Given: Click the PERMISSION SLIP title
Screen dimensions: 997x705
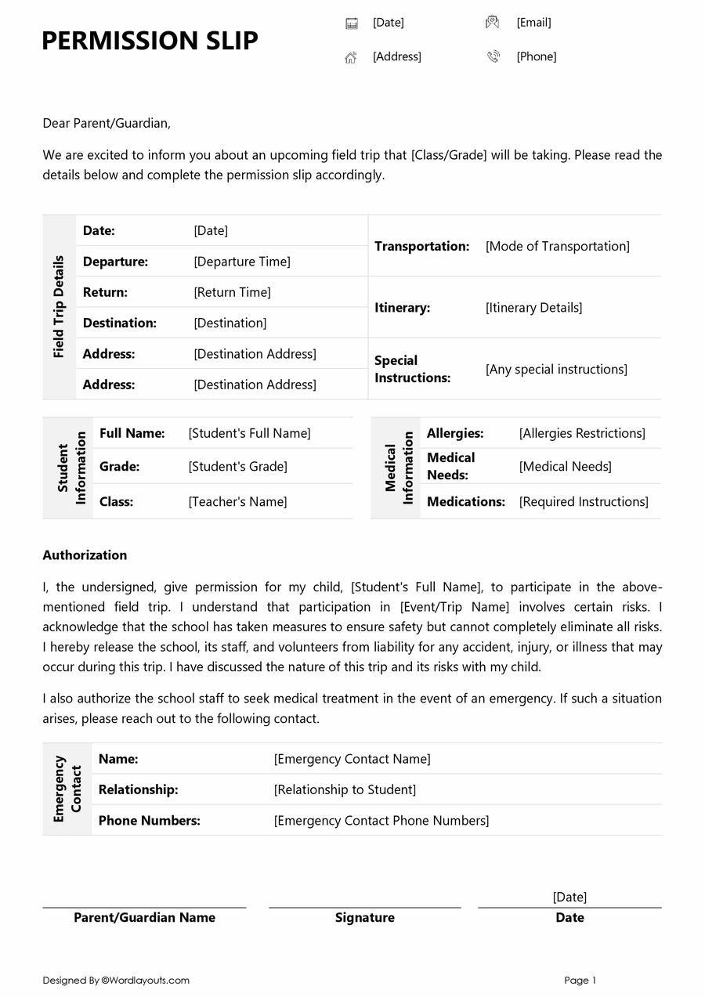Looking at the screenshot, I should pos(150,40).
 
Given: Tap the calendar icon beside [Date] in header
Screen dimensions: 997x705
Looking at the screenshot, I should pos(352,23).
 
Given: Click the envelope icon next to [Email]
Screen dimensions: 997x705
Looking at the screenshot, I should pos(492,23).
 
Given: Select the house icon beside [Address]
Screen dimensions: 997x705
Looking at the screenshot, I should pos(351,57).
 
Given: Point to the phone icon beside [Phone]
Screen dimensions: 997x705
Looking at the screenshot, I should pos(493,56).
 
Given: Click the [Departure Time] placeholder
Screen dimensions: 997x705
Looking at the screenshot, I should pos(242,262).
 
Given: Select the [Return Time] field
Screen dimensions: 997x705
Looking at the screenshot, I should pos(232,292).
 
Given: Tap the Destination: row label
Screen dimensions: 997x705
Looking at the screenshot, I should pos(120,323).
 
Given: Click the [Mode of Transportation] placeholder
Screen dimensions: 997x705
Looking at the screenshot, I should pos(557,246).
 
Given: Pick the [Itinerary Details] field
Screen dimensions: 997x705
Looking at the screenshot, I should pos(533,308).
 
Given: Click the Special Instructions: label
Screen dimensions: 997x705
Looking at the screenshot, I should pos(412,369).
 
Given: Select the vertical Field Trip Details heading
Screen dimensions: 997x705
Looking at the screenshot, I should pos(59,306).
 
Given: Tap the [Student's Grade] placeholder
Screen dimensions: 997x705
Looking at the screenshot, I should pos(237,467).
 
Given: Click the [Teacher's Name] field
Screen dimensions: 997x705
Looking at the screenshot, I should pos(237,502).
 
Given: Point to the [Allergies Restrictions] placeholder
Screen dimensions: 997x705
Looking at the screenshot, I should pos(582,433).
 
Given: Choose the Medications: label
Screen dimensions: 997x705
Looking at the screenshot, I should pos(465,502).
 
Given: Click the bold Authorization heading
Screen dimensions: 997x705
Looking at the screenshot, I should pos(85,555).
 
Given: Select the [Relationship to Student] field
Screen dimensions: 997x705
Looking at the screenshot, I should pos(345,789).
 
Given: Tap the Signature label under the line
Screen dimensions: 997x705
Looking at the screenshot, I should pos(364,918).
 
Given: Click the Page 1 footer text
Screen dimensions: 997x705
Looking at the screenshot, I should pos(580,981).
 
